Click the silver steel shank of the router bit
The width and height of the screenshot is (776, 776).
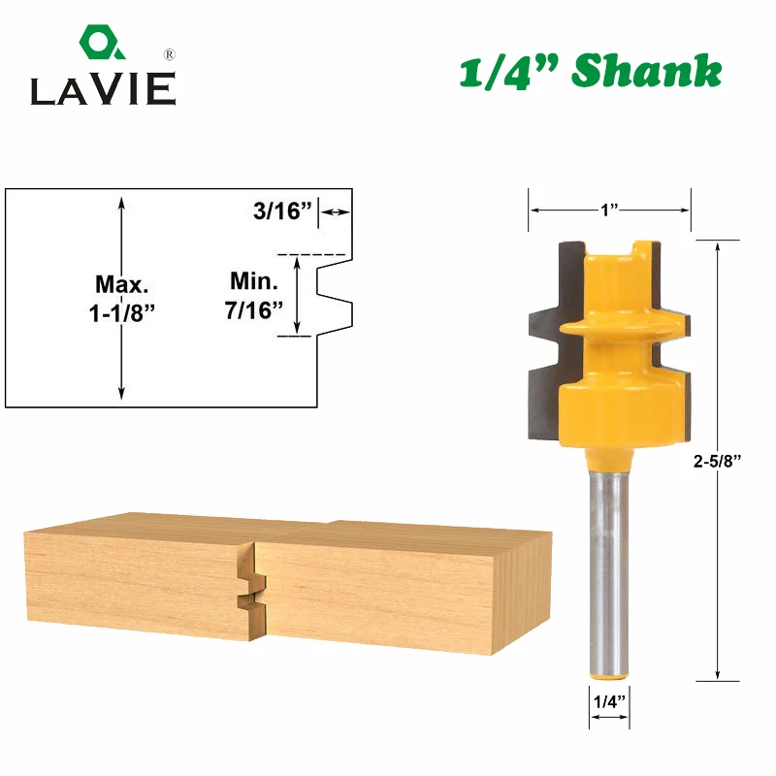click(x=608, y=563)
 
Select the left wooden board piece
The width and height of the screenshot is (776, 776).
click(x=136, y=582)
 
